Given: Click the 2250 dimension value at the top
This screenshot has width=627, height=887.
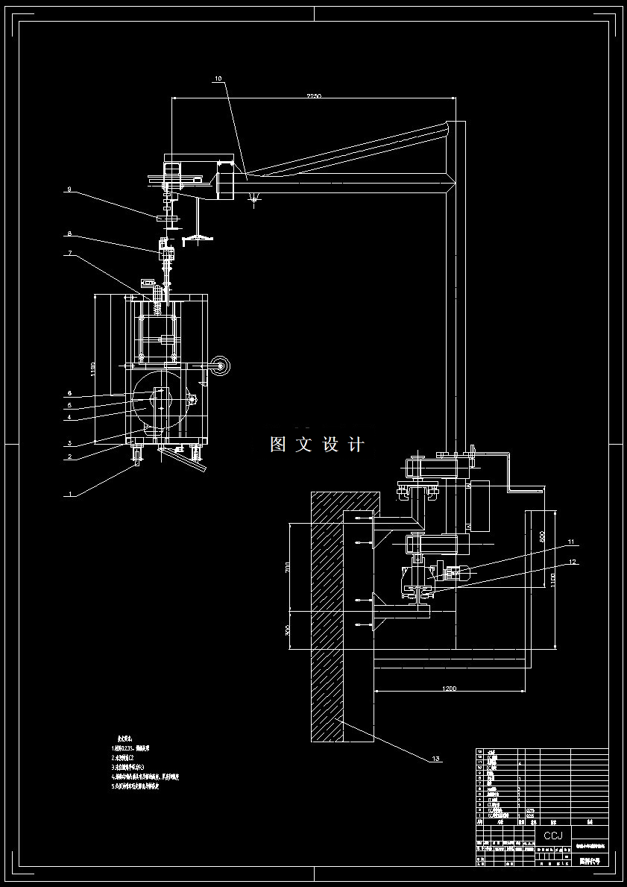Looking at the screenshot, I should pyautogui.click(x=312, y=96).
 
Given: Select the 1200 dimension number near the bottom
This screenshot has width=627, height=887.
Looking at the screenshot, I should pyautogui.click(x=449, y=687).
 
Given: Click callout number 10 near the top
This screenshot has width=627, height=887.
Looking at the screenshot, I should pyautogui.click(x=218, y=78).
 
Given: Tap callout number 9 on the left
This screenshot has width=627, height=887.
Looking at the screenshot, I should pyautogui.click(x=69, y=189).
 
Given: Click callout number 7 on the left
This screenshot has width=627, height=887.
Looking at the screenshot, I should pyautogui.click(x=69, y=254).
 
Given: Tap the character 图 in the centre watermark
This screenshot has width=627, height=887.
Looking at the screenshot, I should pyautogui.click(x=279, y=445).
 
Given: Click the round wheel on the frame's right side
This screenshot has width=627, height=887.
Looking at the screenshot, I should pyautogui.click(x=221, y=366).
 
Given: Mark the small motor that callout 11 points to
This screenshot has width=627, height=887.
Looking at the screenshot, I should pyautogui.click(x=453, y=574).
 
